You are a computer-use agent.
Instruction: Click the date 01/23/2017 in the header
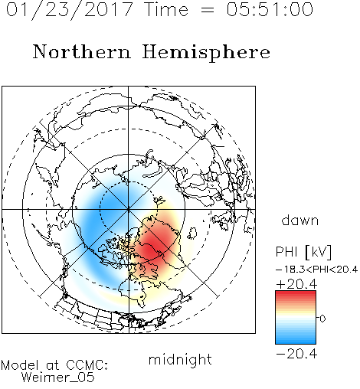pos(69,9)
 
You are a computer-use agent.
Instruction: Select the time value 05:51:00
pos(270,9)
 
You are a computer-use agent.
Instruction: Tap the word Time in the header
pos(166,9)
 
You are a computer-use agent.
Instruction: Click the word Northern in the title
pos(82,51)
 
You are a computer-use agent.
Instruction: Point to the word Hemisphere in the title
pos(206,53)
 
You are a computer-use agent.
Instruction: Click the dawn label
pos(300,220)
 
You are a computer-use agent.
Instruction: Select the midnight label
pos(180,360)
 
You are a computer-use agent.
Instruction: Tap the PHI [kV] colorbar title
pos(304,252)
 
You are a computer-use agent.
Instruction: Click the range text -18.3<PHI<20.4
pos(316,270)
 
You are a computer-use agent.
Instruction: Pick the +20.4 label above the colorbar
pos(296,284)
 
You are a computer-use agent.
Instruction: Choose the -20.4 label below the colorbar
pos(296,354)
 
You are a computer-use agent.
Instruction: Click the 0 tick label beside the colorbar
pos(322,319)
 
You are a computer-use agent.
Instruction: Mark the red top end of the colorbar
pos(296,293)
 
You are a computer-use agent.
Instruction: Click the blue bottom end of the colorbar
pos(296,342)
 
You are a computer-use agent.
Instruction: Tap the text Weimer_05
pos(57,378)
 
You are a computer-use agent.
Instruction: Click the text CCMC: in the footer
pos(87,365)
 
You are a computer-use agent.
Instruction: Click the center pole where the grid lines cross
pos(129,209)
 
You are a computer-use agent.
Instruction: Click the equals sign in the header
pos(207,10)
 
